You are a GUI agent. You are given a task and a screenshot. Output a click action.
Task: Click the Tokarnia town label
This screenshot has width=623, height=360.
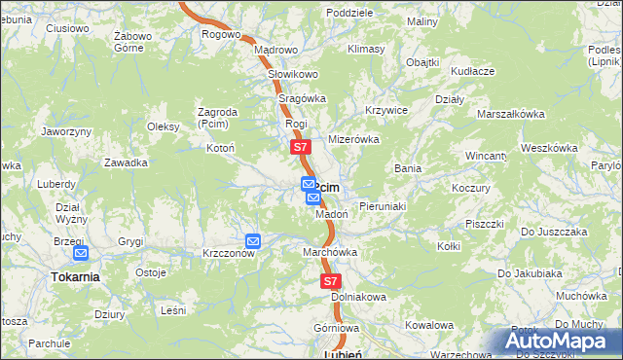(x=75, y=276)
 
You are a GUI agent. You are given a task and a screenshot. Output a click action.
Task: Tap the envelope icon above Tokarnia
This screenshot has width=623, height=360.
(x=81, y=254)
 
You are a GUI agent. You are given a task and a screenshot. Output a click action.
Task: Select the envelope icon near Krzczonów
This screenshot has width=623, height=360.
(x=253, y=240)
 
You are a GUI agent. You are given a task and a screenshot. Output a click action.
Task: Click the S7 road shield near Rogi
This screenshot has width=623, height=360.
(x=300, y=148)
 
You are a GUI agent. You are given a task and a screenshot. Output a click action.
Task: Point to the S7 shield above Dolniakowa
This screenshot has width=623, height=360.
(x=331, y=280)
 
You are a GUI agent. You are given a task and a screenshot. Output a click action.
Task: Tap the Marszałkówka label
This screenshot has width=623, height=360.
(x=510, y=114)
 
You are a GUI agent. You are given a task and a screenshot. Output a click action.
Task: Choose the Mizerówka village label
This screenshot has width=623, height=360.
(x=353, y=139)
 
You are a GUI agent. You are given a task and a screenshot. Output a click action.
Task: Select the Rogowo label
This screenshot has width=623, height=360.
(x=221, y=34)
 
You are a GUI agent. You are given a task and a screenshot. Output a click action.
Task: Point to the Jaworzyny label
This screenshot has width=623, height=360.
(x=67, y=131)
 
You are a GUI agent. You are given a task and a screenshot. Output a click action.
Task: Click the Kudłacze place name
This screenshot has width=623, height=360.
(x=473, y=71)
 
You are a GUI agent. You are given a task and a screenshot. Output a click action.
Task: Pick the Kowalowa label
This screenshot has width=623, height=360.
(x=429, y=325)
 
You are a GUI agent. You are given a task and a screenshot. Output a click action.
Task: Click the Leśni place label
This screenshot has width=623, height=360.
(x=173, y=310)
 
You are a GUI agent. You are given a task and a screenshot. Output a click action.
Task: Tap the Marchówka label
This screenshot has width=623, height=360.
(x=331, y=252)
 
